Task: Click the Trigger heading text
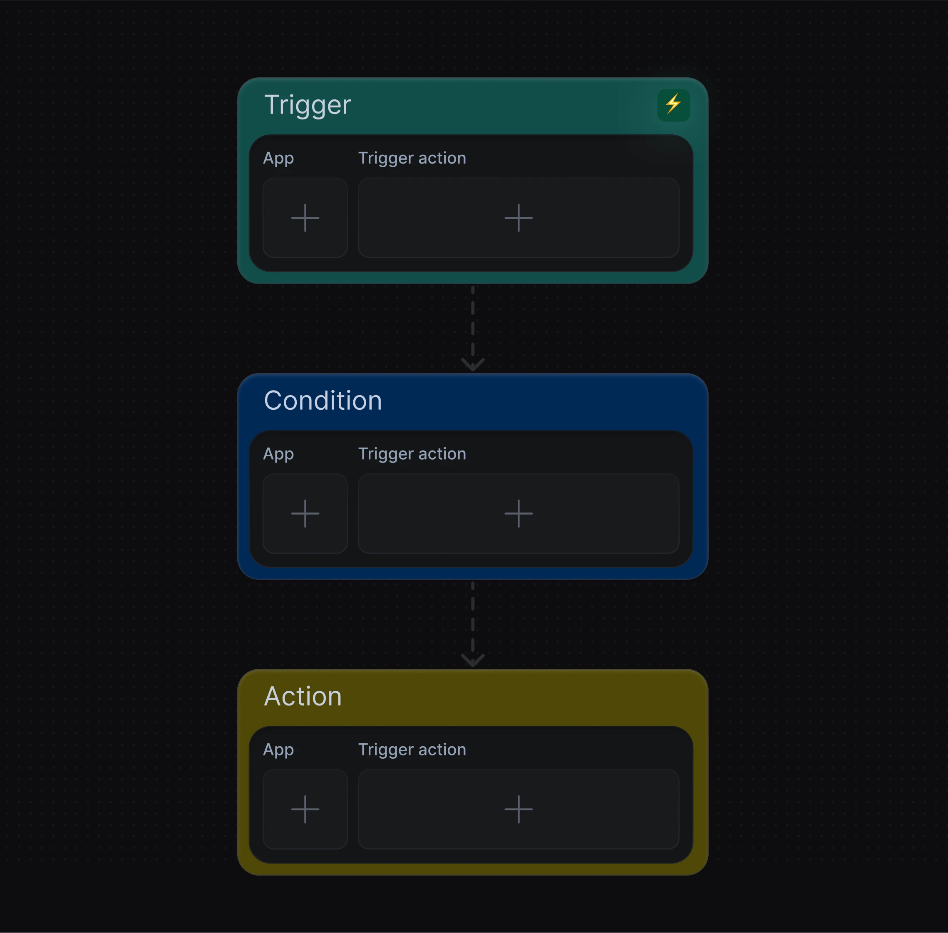click(x=308, y=105)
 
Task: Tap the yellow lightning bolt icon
click(x=673, y=104)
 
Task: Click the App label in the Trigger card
click(x=278, y=159)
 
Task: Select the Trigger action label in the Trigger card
click(x=412, y=159)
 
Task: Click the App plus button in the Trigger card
click(x=305, y=218)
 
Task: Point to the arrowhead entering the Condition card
click(x=472, y=364)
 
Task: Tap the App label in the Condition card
click(x=278, y=454)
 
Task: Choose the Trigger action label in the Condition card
click(x=412, y=454)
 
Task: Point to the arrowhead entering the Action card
click(x=472, y=660)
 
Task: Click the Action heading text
click(x=303, y=696)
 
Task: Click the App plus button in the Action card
click(x=305, y=809)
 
